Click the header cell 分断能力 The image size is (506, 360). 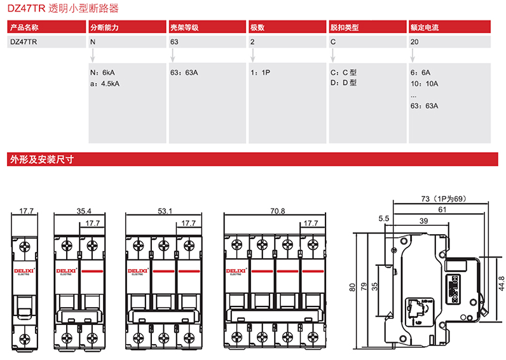tap(105, 28)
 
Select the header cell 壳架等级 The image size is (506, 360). tap(184, 28)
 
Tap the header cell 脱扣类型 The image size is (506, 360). tap(345, 28)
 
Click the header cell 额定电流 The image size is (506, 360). tap(425, 28)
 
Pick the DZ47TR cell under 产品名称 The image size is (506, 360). tap(24, 42)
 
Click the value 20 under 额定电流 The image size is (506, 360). tap(414, 42)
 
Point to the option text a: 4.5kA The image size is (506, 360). tap(105, 83)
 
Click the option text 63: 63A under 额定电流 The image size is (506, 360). tap(425, 106)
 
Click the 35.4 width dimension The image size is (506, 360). tap(84, 211)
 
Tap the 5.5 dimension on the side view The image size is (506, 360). tap(383, 219)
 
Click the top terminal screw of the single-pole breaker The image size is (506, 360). tap(26, 246)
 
